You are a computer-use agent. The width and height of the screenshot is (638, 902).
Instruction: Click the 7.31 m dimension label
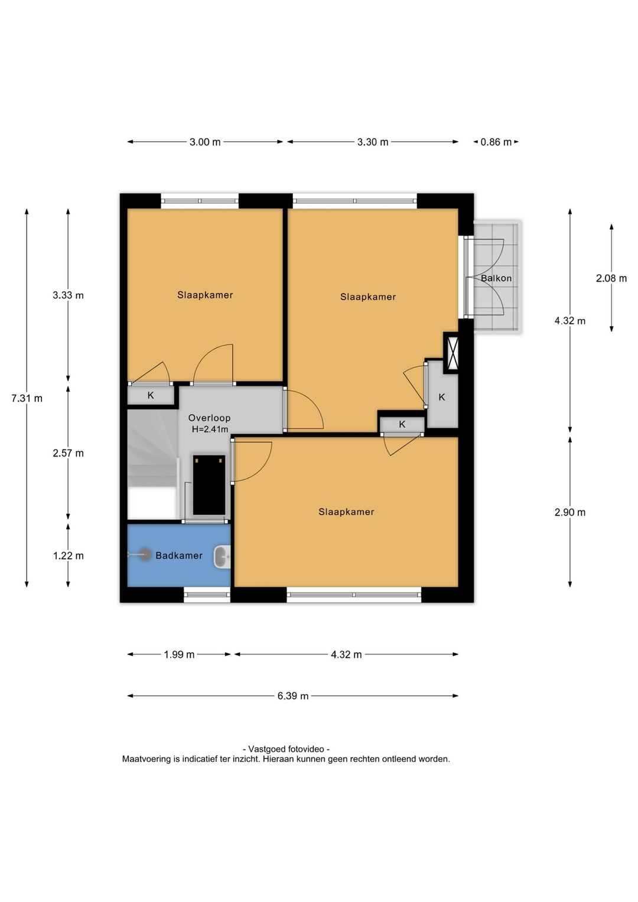pyautogui.click(x=27, y=398)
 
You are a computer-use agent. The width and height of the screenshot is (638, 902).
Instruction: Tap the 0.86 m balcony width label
pyautogui.click(x=496, y=142)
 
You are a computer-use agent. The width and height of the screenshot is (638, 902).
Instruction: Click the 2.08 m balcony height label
pyautogui.click(x=611, y=278)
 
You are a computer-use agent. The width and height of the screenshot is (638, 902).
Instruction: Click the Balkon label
pyautogui.click(x=496, y=278)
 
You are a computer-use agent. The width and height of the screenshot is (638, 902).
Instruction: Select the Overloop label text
pyautogui.click(x=210, y=418)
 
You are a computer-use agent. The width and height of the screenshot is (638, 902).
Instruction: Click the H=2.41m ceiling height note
pyautogui.click(x=210, y=429)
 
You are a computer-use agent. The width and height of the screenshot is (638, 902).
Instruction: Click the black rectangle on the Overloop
pyautogui.click(x=209, y=485)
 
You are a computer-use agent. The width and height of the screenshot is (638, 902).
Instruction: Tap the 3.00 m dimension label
pyautogui.click(x=205, y=142)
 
